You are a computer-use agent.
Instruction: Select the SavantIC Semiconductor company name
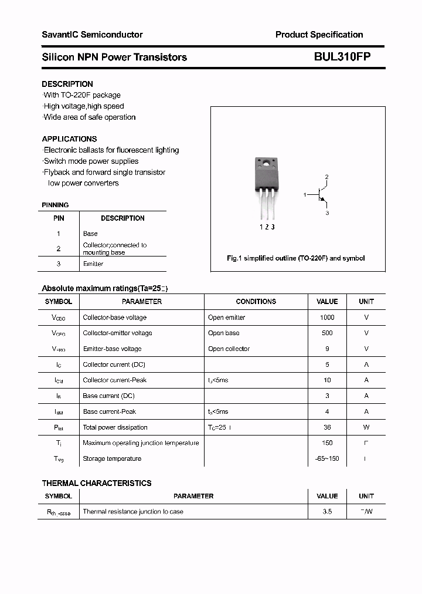pyautogui.click(x=92, y=35)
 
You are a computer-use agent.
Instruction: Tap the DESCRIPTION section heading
pyautogui.click(x=67, y=84)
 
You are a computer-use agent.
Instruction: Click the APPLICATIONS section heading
pyautogui.click(x=69, y=139)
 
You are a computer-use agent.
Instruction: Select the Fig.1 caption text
pyautogui.click(x=295, y=258)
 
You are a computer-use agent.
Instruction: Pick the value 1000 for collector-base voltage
pyautogui.click(x=327, y=318)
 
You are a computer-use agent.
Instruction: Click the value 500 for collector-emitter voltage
pyautogui.click(x=327, y=333)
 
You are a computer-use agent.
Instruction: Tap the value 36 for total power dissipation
pyautogui.click(x=327, y=427)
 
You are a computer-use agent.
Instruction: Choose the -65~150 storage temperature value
pyautogui.click(x=327, y=459)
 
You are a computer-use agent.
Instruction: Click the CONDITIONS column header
pyautogui.click(x=256, y=302)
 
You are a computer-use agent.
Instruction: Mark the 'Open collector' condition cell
pyautogui.click(x=229, y=349)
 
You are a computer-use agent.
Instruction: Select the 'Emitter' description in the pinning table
pyautogui.click(x=93, y=264)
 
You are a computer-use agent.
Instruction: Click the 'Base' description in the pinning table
pyautogui.click(x=90, y=234)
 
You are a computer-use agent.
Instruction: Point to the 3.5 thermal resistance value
pyautogui.click(x=327, y=512)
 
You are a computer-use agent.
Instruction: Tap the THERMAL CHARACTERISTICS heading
pyautogui.click(x=97, y=483)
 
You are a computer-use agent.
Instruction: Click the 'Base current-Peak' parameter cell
pyautogui.click(x=110, y=411)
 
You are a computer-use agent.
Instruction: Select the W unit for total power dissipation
pyautogui.click(x=366, y=427)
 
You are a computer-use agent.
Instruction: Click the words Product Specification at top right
pyautogui.click(x=319, y=35)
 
